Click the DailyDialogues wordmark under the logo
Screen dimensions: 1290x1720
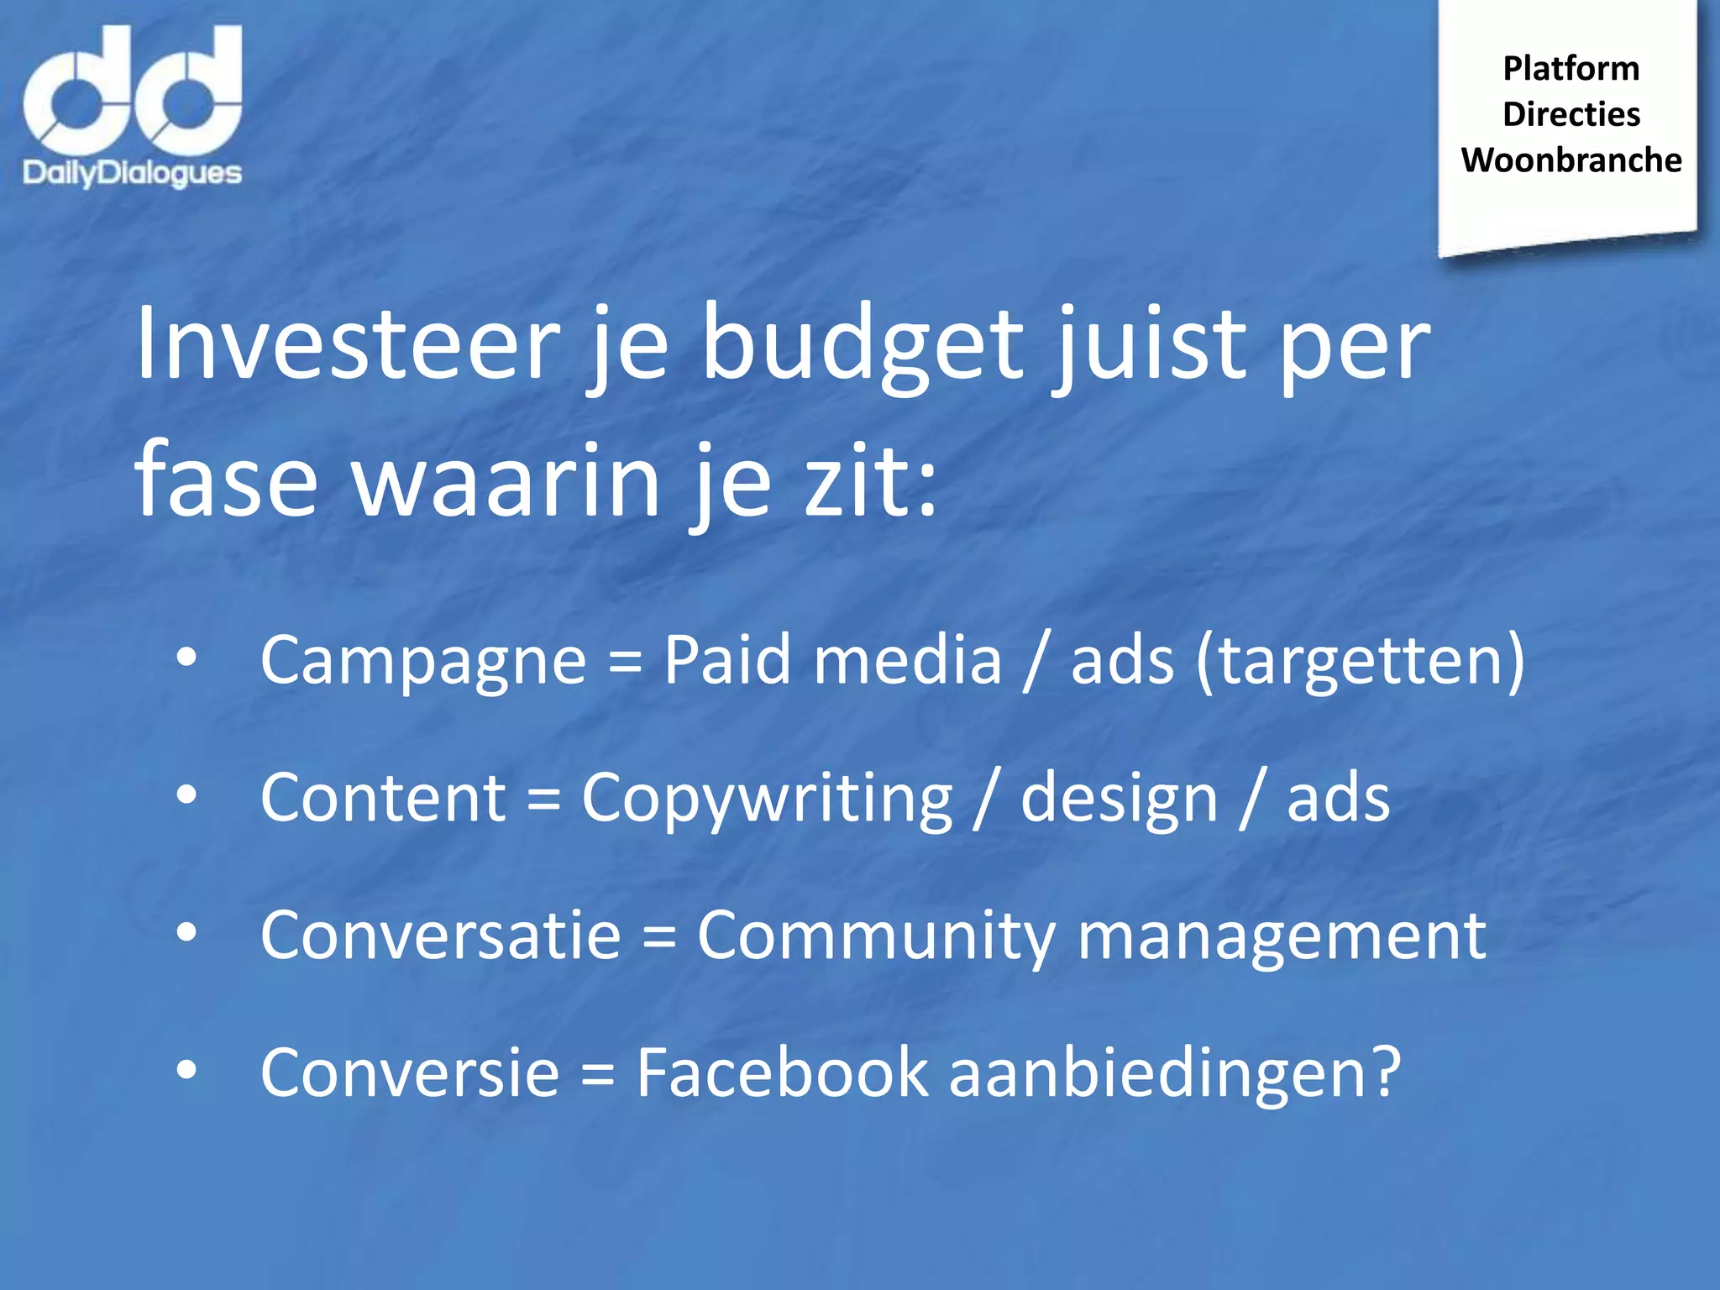pos(132,173)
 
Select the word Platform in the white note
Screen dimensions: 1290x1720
pos(1571,69)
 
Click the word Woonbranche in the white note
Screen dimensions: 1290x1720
pos(1571,160)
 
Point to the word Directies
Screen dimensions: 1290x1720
pos(1571,114)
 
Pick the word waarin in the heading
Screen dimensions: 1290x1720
pos(507,483)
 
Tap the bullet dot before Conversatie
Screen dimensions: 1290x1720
pos(186,931)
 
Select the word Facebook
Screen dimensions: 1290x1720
pos(782,1072)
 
